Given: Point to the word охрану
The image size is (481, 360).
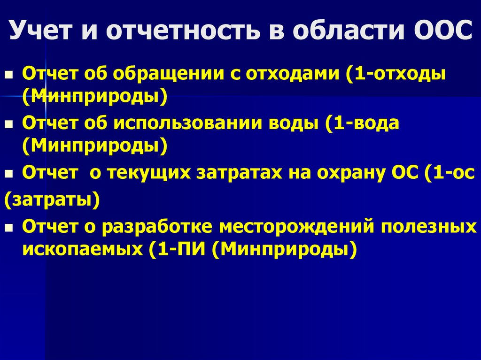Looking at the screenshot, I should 350,173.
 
